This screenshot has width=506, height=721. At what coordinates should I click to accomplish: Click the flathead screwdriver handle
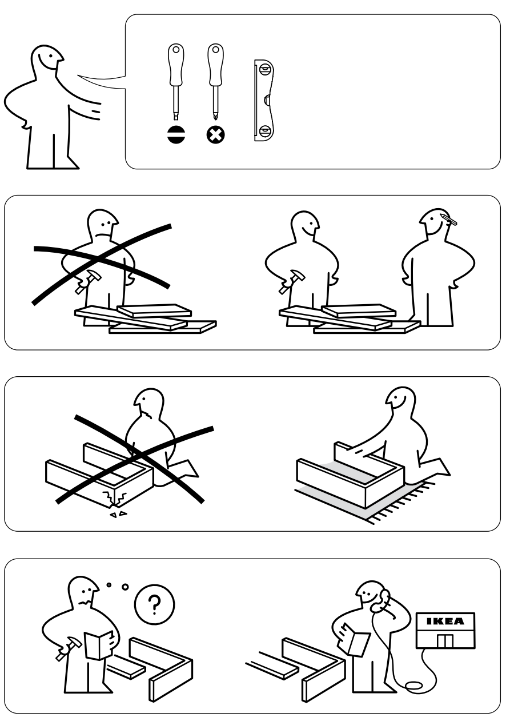175,63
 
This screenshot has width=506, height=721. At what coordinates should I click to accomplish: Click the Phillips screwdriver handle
215,63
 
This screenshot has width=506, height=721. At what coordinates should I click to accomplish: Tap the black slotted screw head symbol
175,135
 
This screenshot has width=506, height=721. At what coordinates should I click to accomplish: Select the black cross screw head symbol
215,135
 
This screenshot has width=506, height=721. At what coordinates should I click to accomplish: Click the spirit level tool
263,101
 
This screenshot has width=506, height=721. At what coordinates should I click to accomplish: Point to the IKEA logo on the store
446,621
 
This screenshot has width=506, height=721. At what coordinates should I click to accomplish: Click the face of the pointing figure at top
47,58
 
